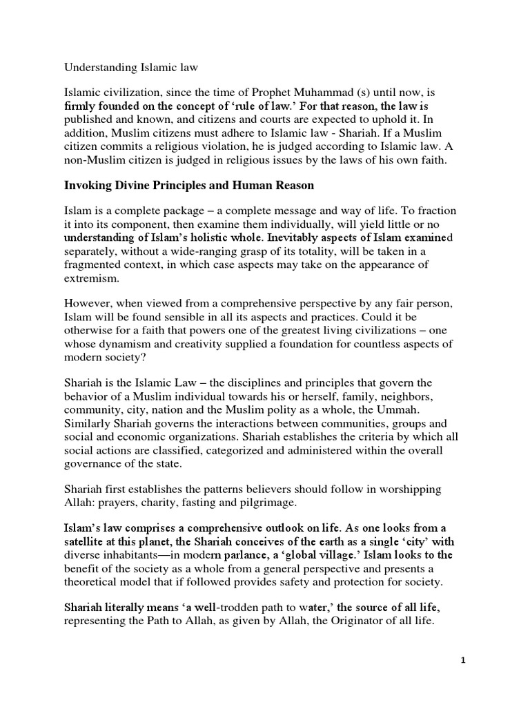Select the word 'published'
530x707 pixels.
point(90,122)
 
